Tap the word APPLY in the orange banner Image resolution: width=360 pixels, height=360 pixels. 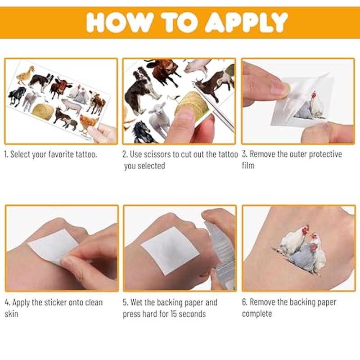246,22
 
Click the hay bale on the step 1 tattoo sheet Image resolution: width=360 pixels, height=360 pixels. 43,112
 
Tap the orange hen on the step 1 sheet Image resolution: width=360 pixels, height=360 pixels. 88,123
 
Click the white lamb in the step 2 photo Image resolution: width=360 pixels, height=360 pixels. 158,119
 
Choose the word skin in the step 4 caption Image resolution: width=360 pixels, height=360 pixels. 11,314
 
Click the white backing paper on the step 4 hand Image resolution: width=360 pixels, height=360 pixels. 53,247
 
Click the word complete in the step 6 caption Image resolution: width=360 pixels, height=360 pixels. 257,314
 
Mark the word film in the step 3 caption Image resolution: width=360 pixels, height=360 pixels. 248,165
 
